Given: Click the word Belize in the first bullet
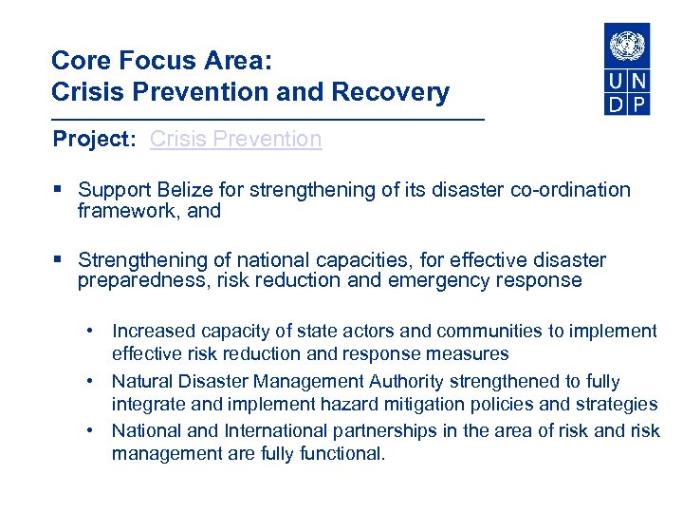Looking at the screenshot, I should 176,190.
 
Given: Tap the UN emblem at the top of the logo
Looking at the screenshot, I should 627,46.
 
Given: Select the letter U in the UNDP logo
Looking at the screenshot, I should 617,81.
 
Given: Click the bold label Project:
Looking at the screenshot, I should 96,140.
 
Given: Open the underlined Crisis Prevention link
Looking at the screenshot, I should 235,140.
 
